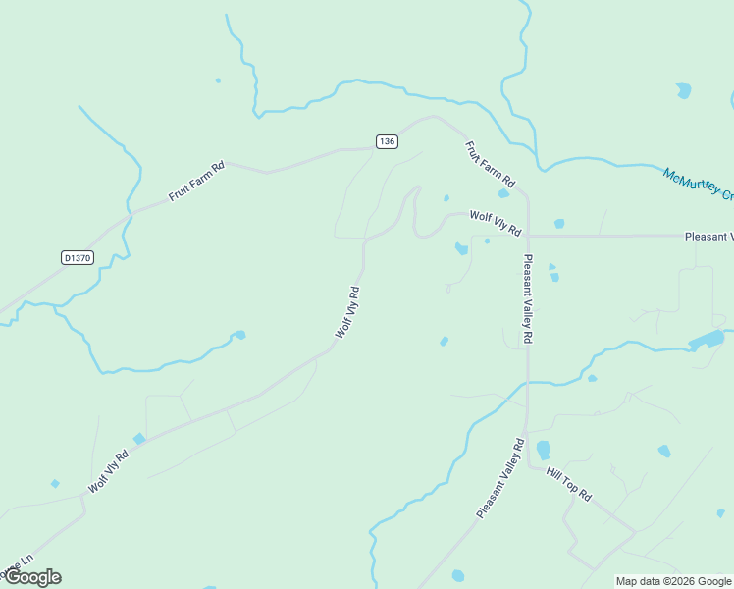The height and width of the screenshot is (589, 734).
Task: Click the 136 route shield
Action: pyautogui.click(x=387, y=141)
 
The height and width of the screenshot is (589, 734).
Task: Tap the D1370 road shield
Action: pyautogui.click(x=76, y=258)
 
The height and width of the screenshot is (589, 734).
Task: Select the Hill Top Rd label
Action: pyautogui.click(x=569, y=484)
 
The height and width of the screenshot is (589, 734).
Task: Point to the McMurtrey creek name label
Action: pyautogui.click(x=698, y=183)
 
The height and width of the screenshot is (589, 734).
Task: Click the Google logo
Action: pyautogui.click(x=32, y=576)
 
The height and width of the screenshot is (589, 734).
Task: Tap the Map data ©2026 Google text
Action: pyautogui.click(x=673, y=581)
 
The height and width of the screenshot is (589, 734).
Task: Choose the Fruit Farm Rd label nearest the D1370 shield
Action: pyautogui.click(x=196, y=181)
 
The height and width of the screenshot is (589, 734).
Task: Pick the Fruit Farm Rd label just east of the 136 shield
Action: pyautogui.click(x=490, y=164)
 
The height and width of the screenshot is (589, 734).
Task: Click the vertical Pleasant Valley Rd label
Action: pyautogui.click(x=528, y=298)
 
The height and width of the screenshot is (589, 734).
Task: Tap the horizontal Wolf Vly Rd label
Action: pyautogui.click(x=495, y=223)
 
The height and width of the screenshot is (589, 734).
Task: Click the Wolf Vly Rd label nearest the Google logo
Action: pyautogui.click(x=108, y=472)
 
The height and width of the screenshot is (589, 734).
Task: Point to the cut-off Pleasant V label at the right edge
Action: pyautogui.click(x=708, y=236)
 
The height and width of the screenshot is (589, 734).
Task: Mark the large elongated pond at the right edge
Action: pyautogui.click(x=707, y=342)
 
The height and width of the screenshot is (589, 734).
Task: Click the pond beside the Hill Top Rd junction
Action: pyautogui.click(x=543, y=451)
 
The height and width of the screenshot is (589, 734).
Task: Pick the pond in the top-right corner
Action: pyautogui.click(x=683, y=90)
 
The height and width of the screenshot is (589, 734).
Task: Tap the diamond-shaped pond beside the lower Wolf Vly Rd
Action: pyautogui.click(x=139, y=438)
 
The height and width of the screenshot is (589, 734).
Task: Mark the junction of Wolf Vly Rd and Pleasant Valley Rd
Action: pyautogui.click(x=528, y=236)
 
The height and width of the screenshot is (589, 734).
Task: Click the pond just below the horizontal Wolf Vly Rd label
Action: pyautogui.click(x=461, y=248)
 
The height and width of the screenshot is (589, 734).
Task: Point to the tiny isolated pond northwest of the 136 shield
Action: pyautogui.click(x=218, y=80)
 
